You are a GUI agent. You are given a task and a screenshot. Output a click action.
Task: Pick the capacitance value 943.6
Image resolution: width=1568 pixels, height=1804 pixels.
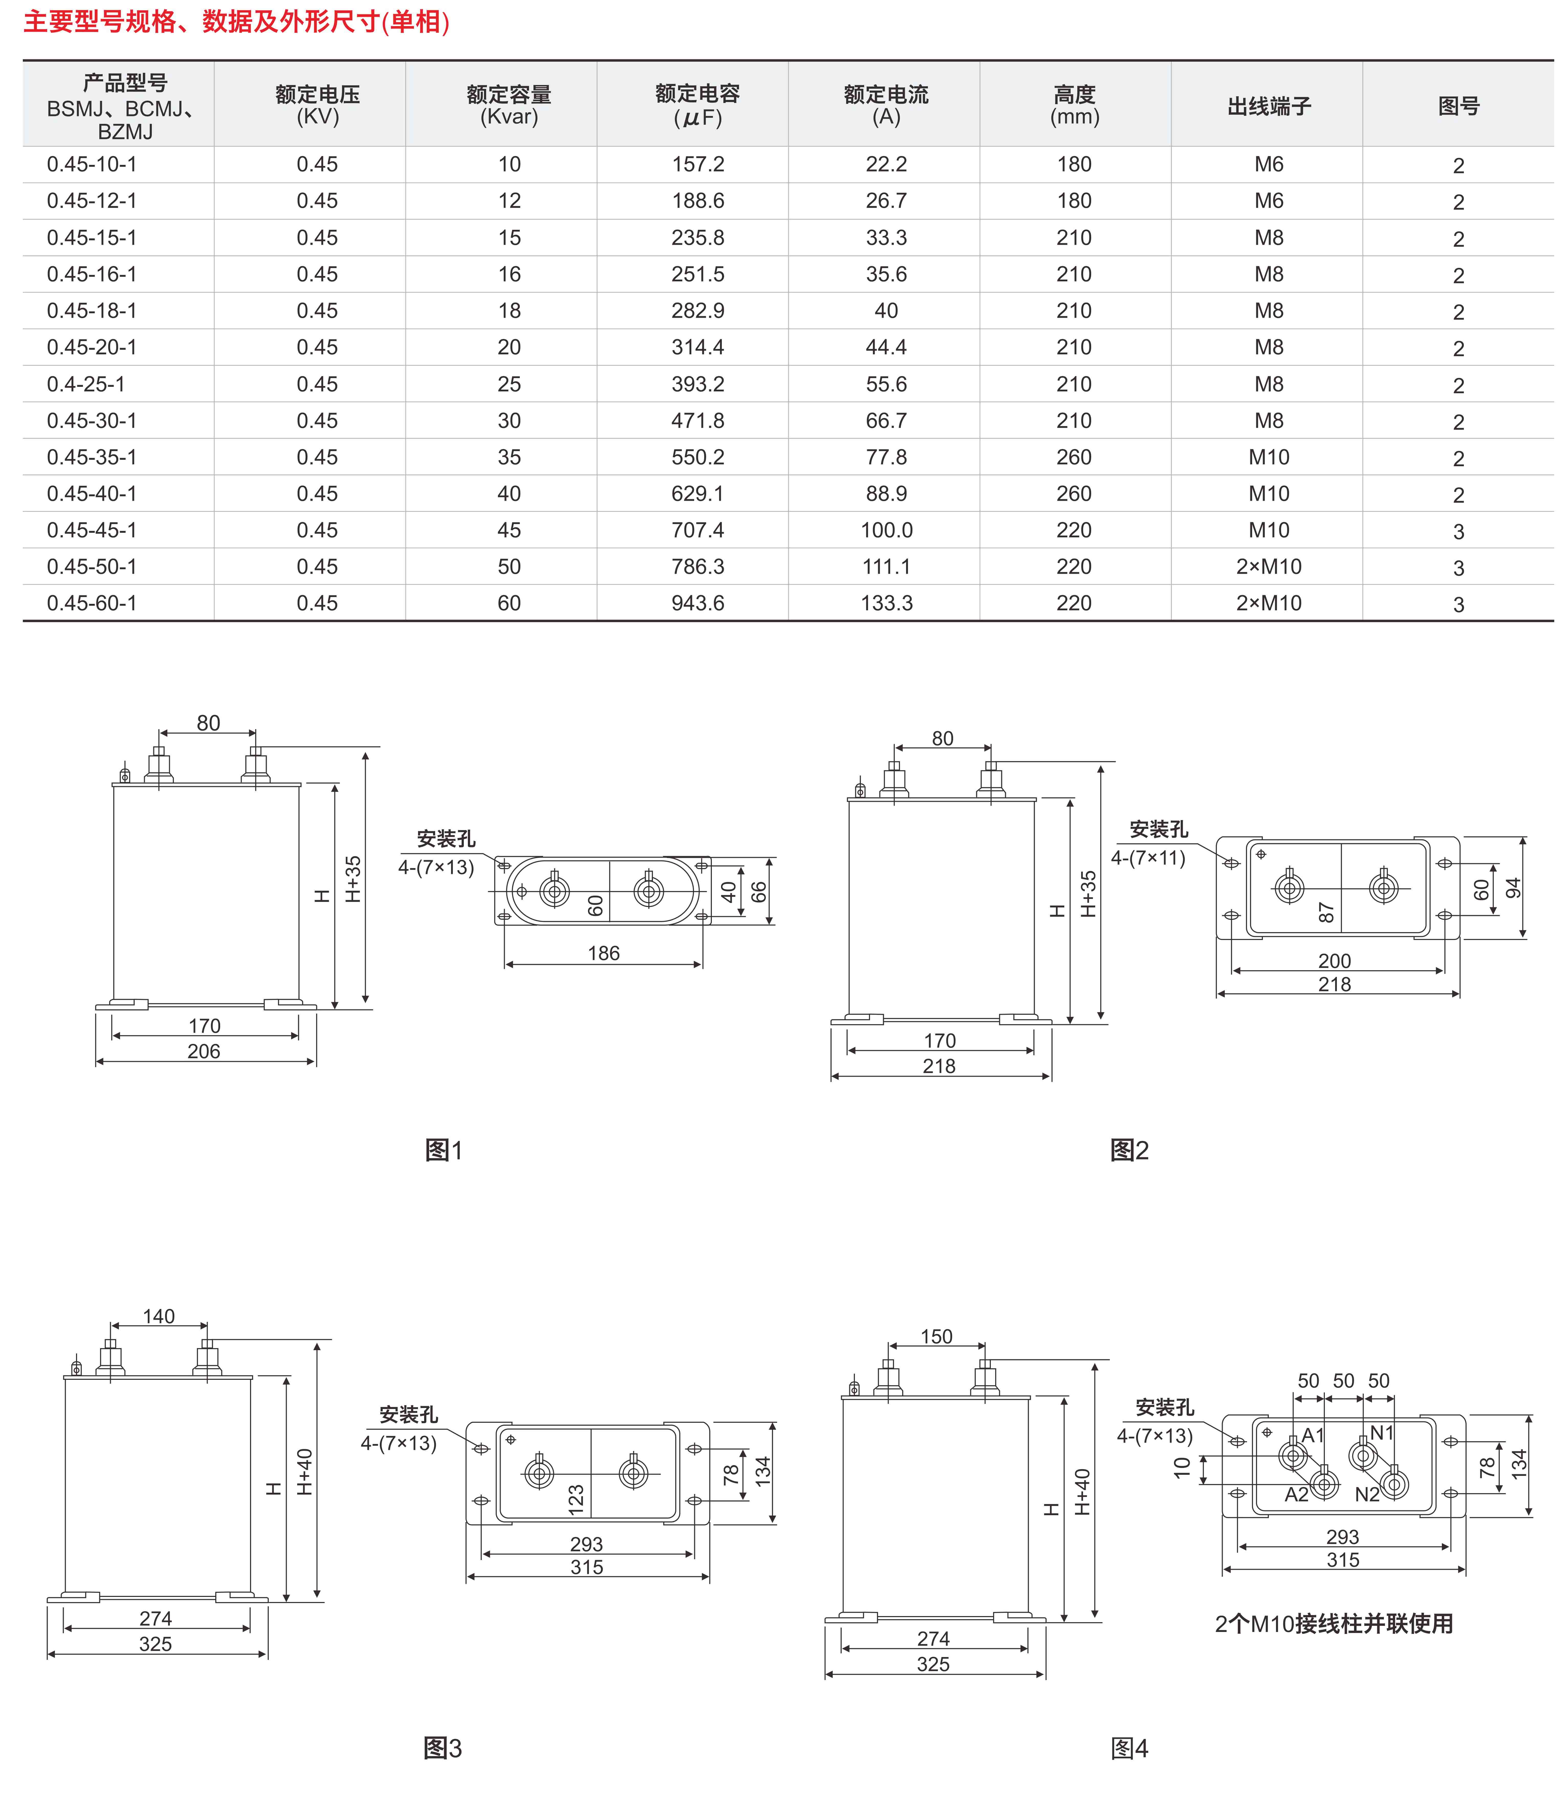[697, 603]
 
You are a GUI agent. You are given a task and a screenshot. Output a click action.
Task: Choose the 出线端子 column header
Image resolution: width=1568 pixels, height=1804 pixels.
[1269, 106]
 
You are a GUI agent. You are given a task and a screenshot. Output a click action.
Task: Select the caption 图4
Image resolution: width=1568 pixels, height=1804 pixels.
[1129, 1748]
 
